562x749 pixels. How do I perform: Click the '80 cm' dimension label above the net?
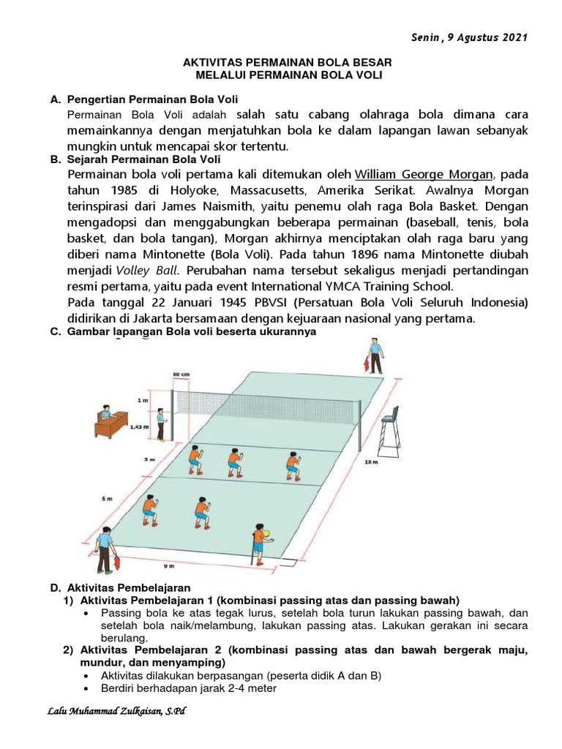(x=181, y=374)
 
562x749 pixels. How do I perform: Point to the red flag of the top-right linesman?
(x=365, y=363)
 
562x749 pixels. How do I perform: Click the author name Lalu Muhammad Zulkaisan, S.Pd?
(x=116, y=711)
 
